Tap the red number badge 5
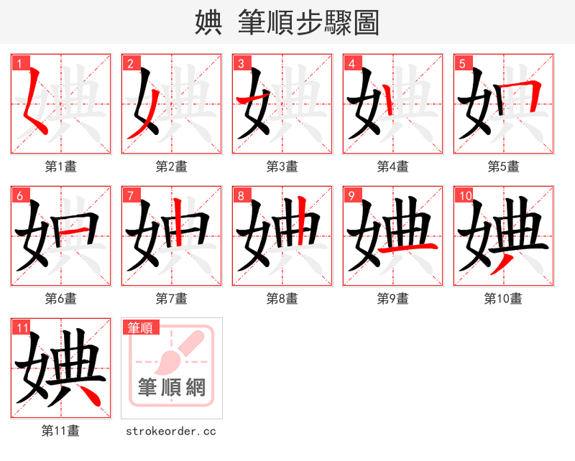coord(463,63)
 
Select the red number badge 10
coord(464,195)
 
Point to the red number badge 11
coord(22,327)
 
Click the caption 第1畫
coord(60,167)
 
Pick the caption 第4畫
coord(392,167)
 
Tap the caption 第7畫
coord(171,298)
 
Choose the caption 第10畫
coord(503,298)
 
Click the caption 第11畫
coord(60,431)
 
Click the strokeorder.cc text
coord(171,432)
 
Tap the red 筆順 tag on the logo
coord(141,328)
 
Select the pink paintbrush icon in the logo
coord(173,352)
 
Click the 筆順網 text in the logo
coord(172,388)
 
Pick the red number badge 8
coord(241,195)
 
